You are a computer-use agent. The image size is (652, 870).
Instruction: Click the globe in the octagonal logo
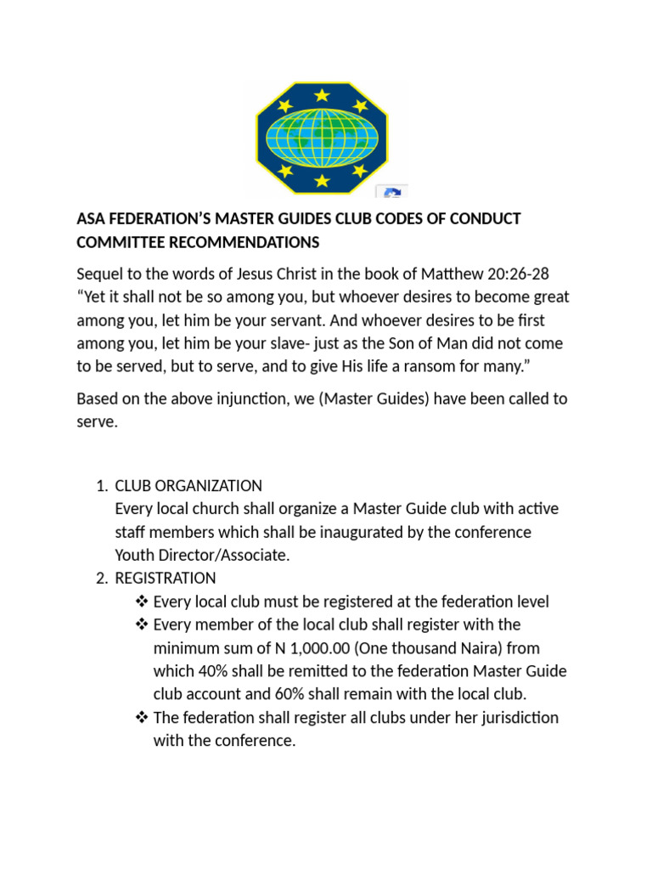tap(322, 138)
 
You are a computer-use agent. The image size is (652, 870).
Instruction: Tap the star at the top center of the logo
tap(322, 94)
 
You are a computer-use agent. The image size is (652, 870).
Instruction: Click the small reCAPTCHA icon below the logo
tap(392, 192)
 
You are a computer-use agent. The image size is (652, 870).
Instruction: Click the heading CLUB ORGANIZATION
tap(188, 486)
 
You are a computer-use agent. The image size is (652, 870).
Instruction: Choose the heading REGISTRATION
tap(166, 579)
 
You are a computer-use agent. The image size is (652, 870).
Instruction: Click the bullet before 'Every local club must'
tap(142, 602)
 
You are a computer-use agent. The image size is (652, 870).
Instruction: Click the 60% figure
tap(293, 694)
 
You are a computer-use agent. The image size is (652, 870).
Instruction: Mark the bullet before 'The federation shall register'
tap(142, 717)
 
